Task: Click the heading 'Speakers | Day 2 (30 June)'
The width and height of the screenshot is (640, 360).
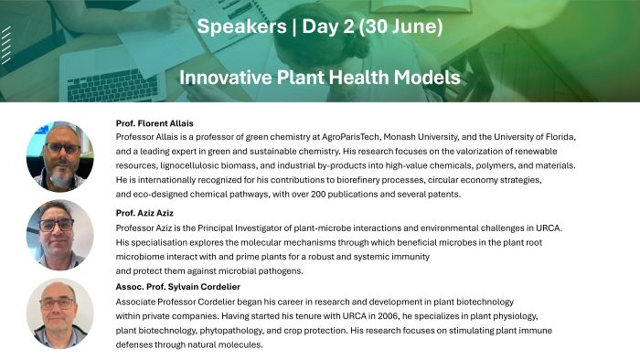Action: click(320, 27)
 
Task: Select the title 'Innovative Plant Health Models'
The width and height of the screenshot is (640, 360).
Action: click(320, 78)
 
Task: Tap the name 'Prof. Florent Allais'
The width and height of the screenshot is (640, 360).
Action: click(155, 122)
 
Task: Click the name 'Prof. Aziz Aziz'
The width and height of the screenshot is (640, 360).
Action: click(147, 213)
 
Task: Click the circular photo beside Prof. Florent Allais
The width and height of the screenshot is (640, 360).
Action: click(59, 155)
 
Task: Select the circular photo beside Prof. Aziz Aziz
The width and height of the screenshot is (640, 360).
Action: click(59, 235)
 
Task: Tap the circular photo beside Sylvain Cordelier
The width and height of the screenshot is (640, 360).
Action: click(59, 312)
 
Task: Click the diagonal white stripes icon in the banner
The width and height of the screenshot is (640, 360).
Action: click(7, 44)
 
